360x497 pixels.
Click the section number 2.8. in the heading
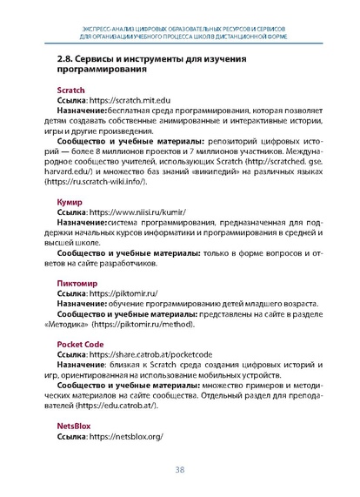(55, 59)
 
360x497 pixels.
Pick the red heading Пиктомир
(63, 283)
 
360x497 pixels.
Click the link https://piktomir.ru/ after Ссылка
(123, 293)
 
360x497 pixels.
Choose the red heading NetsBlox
(62, 426)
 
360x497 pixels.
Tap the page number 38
(180, 470)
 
